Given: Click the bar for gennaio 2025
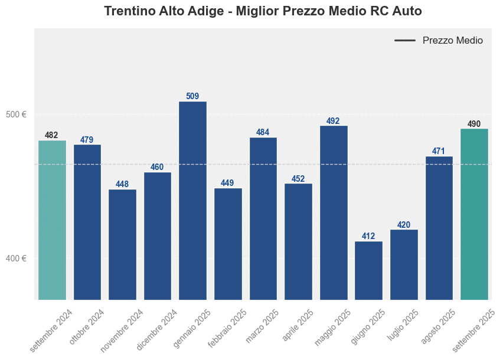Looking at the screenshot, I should click(x=192, y=201).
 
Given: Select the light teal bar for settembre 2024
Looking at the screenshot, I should click(x=52, y=220).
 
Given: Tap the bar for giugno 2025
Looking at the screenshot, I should click(x=368, y=270).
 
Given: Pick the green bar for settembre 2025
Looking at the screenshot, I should click(x=474, y=214).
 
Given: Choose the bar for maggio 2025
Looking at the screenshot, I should click(x=334, y=212).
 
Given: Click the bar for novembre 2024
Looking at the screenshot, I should click(x=122, y=244).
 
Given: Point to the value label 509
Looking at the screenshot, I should click(x=192, y=96).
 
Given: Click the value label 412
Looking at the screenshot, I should click(x=368, y=236).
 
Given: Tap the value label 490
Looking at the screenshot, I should click(x=474, y=124).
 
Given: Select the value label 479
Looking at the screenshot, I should click(x=87, y=140).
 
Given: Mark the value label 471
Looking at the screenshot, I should click(x=439, y=151).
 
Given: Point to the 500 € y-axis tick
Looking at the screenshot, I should click(x=16, y=114).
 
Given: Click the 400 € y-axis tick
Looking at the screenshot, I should click(x=16, y=258).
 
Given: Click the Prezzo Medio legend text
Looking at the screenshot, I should click(x=453, y=41).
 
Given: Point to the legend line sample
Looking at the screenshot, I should click(x=405, y=41).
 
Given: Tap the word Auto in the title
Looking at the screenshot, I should click(x=407, y=11).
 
